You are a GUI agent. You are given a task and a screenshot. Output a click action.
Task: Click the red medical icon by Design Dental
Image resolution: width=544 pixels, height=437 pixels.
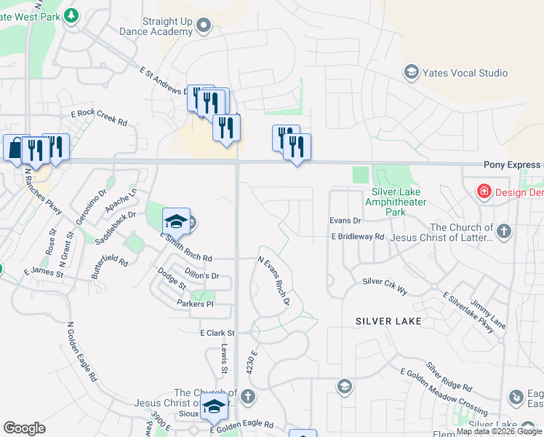tap(483, 192)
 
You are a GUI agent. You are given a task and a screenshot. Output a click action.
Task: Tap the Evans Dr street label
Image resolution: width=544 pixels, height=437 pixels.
tap(345, 220)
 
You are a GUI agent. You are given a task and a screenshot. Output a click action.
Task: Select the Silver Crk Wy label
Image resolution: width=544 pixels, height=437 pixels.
tap(385, 281)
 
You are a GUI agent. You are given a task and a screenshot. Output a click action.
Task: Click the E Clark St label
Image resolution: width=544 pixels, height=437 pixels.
tap(216, 333)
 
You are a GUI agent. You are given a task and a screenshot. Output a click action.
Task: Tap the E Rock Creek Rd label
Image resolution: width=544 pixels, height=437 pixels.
tap(99, 114)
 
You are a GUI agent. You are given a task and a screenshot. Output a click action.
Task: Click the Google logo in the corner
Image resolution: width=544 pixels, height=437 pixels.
tap(24, 428)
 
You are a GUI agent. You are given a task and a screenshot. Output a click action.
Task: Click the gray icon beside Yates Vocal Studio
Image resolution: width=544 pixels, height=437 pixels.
tap(411, 72)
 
